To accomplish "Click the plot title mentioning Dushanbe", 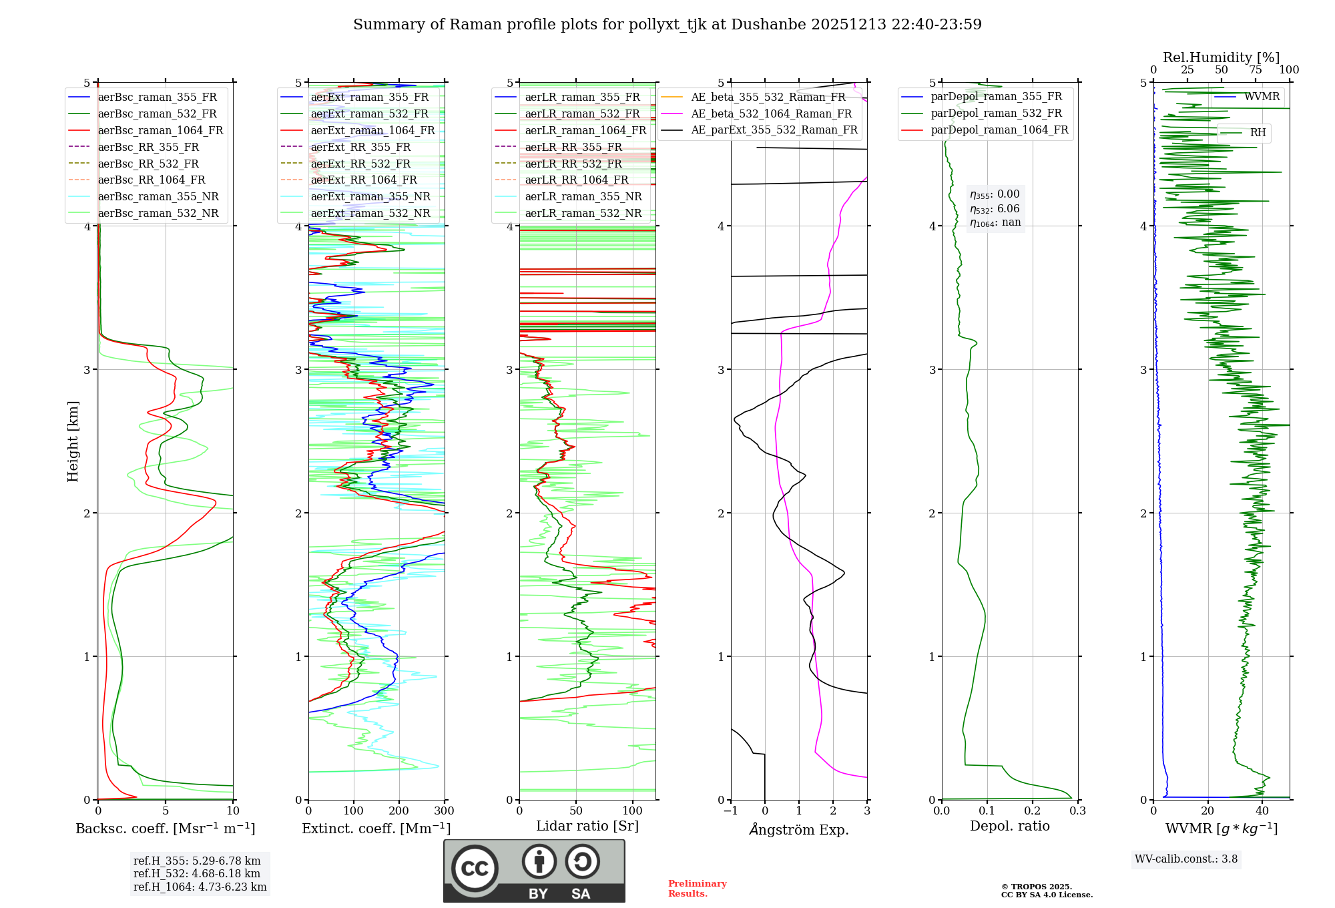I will click(667, 25).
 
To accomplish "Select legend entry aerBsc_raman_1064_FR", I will click(160, 130).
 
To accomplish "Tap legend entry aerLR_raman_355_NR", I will click(583, 196).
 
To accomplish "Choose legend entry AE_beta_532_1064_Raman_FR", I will click(771, 113).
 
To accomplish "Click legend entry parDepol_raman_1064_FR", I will click(999, 130).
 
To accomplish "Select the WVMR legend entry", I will click(1262, 97).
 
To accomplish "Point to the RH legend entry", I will click(1258, 133).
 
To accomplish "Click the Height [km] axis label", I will click(73, 441).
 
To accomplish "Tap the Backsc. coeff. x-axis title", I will click(165, 829).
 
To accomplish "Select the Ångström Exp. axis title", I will click(799, 829).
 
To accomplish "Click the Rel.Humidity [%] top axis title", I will click(1221, 57).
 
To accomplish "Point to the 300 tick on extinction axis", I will click(444, 811).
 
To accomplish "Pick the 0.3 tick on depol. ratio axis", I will click(1077, 811).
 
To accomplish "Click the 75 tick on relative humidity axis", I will click(1256, 70).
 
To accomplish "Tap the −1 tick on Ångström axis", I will click(731, 811).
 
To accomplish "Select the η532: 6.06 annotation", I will click(995, 209).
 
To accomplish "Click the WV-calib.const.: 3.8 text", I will click(1186, 859).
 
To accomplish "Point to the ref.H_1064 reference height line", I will click(200, 887).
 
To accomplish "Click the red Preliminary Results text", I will click(697, 888).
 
